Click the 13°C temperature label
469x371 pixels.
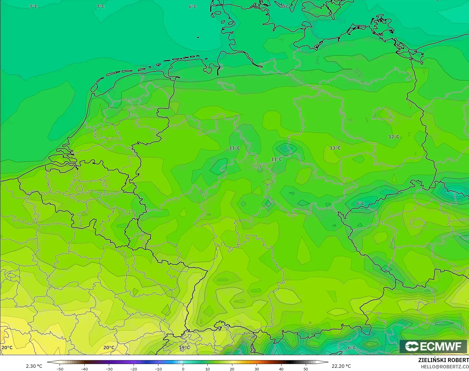point(335,148)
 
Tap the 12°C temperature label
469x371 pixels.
point(394,137)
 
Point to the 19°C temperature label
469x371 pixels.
point(185,347)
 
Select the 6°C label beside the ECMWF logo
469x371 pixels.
point(352,347)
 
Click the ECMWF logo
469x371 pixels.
point(433,346)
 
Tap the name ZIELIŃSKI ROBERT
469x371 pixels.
point(443,360)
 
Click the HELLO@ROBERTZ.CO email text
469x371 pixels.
point(445,367)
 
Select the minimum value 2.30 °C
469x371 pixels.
point(34,366)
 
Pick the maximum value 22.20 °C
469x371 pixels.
point(341,366)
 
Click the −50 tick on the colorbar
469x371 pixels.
point(60,369)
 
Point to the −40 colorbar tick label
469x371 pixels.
point(84,369)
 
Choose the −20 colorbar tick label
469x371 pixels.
point(134,369)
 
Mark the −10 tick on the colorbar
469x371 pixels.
point(158,369)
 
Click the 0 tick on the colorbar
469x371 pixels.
point(183,369)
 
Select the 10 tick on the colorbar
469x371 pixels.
point(208,369)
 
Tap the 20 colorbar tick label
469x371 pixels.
point(232,369)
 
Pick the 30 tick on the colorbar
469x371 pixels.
point(257,369)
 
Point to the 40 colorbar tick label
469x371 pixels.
point(281,369)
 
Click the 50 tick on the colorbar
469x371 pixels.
point(306,369)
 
